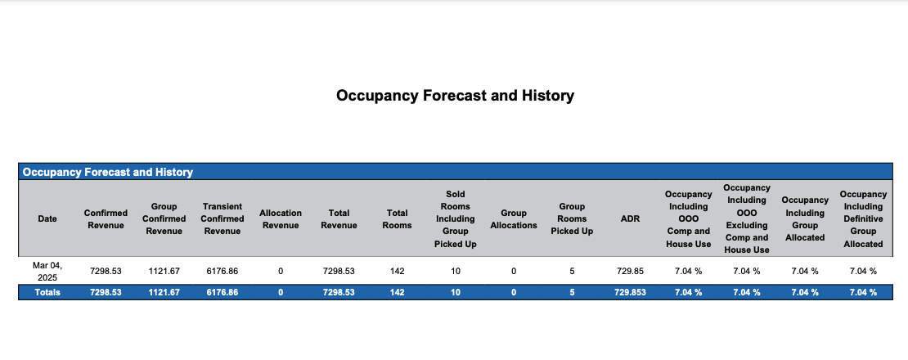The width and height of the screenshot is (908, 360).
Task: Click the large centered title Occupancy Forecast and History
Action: click(x=455, y=96)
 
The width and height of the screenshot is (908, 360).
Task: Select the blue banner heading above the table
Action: click(x=108, y=172)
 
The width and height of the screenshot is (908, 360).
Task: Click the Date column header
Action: click(x=47, y=218)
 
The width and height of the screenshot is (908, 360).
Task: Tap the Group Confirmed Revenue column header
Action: click(x=164, y=218)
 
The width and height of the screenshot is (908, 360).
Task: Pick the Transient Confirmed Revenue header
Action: click(x=223, y=218)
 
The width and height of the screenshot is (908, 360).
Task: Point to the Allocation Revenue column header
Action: click(x=281, y=218)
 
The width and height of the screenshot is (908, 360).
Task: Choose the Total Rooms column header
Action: click(x=397, y=218)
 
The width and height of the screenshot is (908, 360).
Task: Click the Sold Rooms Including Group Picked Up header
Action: click(x=455, y=218)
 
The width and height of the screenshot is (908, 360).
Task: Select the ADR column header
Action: click(x=630, y=218)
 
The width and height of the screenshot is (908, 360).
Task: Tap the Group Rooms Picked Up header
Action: click(x=572, y=218)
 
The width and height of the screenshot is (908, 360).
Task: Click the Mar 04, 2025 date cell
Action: click(x=47, y=271)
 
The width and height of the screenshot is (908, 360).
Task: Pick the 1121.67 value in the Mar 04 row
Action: click(x=164, y=271)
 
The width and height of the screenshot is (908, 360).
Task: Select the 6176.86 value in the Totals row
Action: click(x=223, y=292)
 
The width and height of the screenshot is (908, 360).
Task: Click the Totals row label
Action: click(x=47, y=292)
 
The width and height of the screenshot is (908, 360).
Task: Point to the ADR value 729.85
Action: click(x=630, y=271)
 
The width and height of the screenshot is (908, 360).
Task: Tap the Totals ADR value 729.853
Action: click(x=630, y=292)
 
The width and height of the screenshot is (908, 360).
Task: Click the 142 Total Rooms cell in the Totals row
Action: click(x=397, y=292)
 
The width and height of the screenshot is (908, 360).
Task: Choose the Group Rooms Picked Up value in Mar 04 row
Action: click(x=572, y=271)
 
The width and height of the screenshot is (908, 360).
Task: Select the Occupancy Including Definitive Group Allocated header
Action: click(x=863, y=218)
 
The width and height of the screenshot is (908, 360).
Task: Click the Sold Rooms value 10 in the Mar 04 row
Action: click(x=455, y=271)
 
